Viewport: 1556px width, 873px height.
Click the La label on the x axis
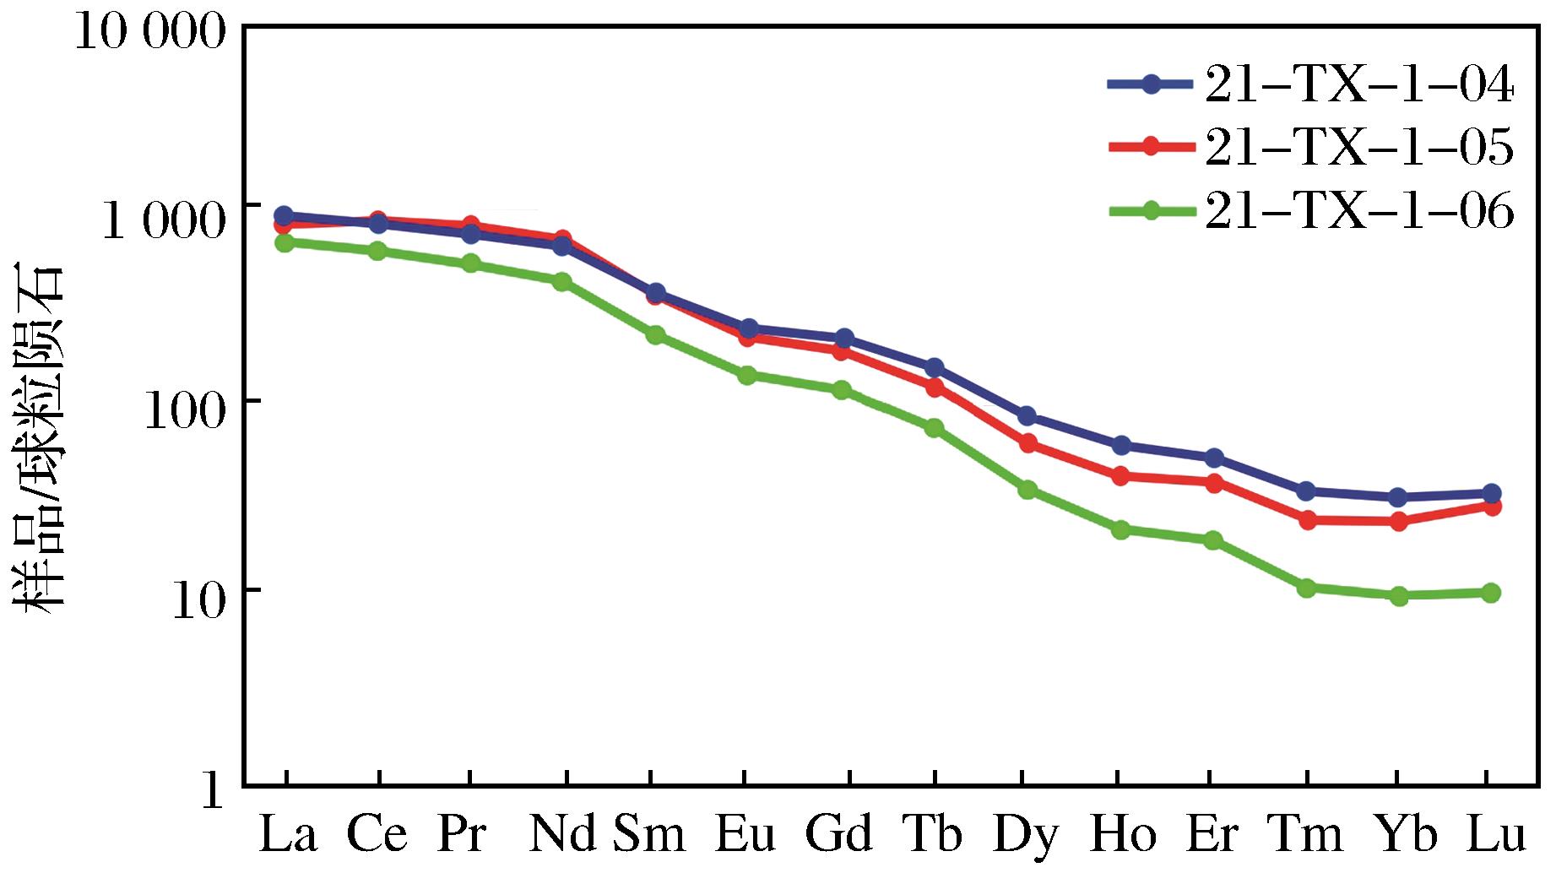(287, 835)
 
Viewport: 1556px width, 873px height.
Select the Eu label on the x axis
(745, 835)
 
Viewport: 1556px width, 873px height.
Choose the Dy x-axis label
(1025, 835)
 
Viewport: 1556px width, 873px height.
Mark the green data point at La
(285, 242)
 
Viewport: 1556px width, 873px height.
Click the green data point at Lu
(1491, 593)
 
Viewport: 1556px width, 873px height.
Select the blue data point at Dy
(1027, 416)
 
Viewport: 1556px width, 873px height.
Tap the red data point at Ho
(1120, 476)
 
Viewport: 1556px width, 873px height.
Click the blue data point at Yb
(1398, 497)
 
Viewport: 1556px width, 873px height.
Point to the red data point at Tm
(1307, 520)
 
